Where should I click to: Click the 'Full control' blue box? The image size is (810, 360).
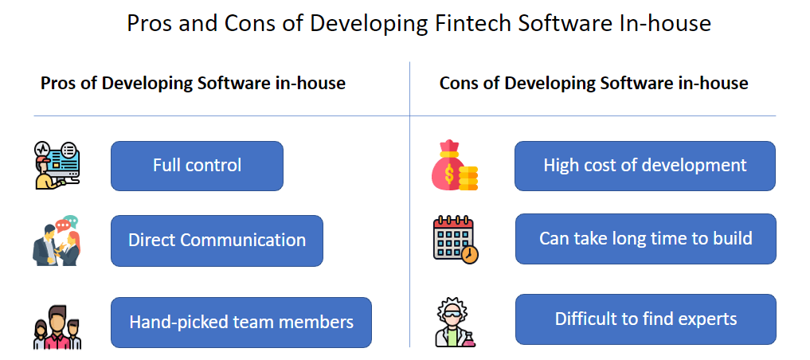(x=197, y=166)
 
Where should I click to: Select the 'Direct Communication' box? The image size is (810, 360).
(x=217, y=241)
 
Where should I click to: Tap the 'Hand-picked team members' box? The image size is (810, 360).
(x=241, y=323)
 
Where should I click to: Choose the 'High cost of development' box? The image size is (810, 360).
(x=644, y=166)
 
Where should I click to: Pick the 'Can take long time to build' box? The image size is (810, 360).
(x=646, y=239)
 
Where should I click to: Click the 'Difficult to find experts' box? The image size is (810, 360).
(x=646, y=319)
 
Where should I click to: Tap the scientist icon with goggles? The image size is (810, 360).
(x=455, y=322)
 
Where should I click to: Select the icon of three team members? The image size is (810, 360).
(x=57, y=327)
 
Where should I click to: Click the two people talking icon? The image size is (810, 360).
(x=57, y=241)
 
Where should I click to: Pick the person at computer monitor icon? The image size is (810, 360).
(x=57, y=166)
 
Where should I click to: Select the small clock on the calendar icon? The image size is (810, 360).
(x=470, y=255)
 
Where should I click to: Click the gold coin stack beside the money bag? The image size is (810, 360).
(x=468, y=178)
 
